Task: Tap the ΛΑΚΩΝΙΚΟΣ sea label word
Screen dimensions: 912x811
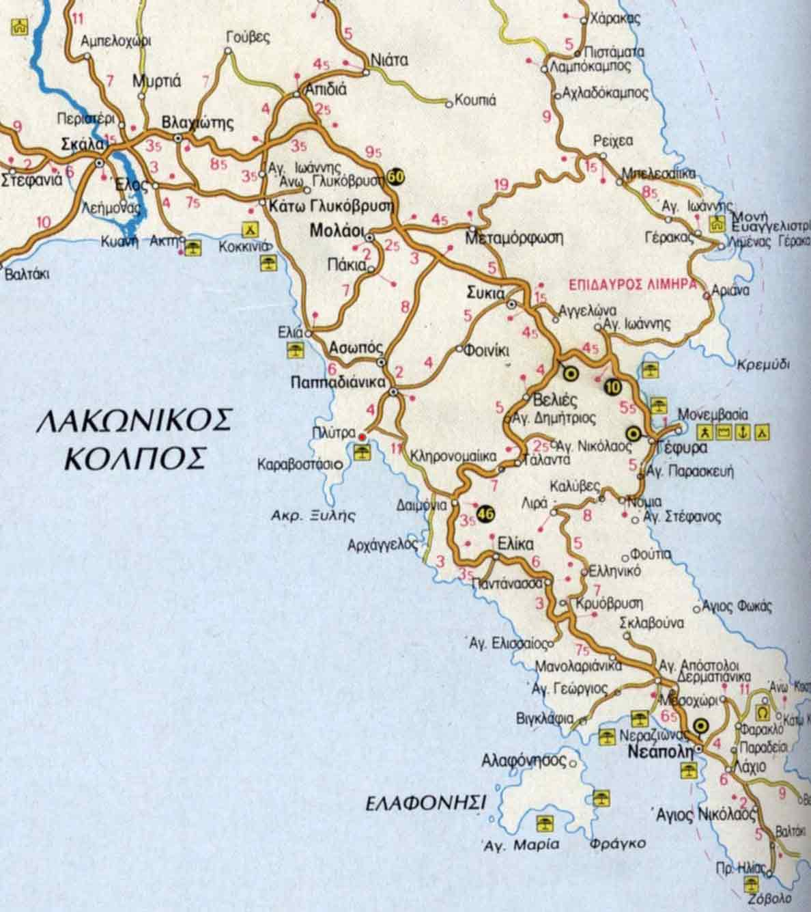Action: [x=134, y=422]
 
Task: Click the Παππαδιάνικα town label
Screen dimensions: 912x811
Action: [x=334, y=383]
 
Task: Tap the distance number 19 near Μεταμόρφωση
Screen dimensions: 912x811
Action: [x=501, y=184]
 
